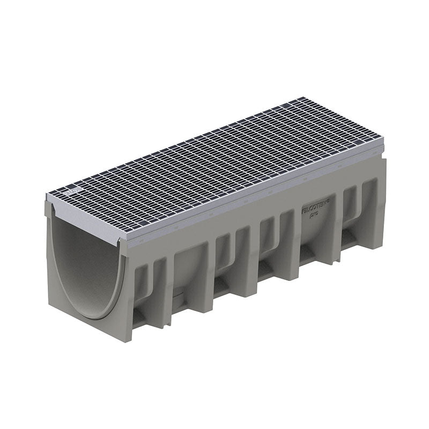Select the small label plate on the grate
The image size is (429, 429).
click(x=74, y=190)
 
